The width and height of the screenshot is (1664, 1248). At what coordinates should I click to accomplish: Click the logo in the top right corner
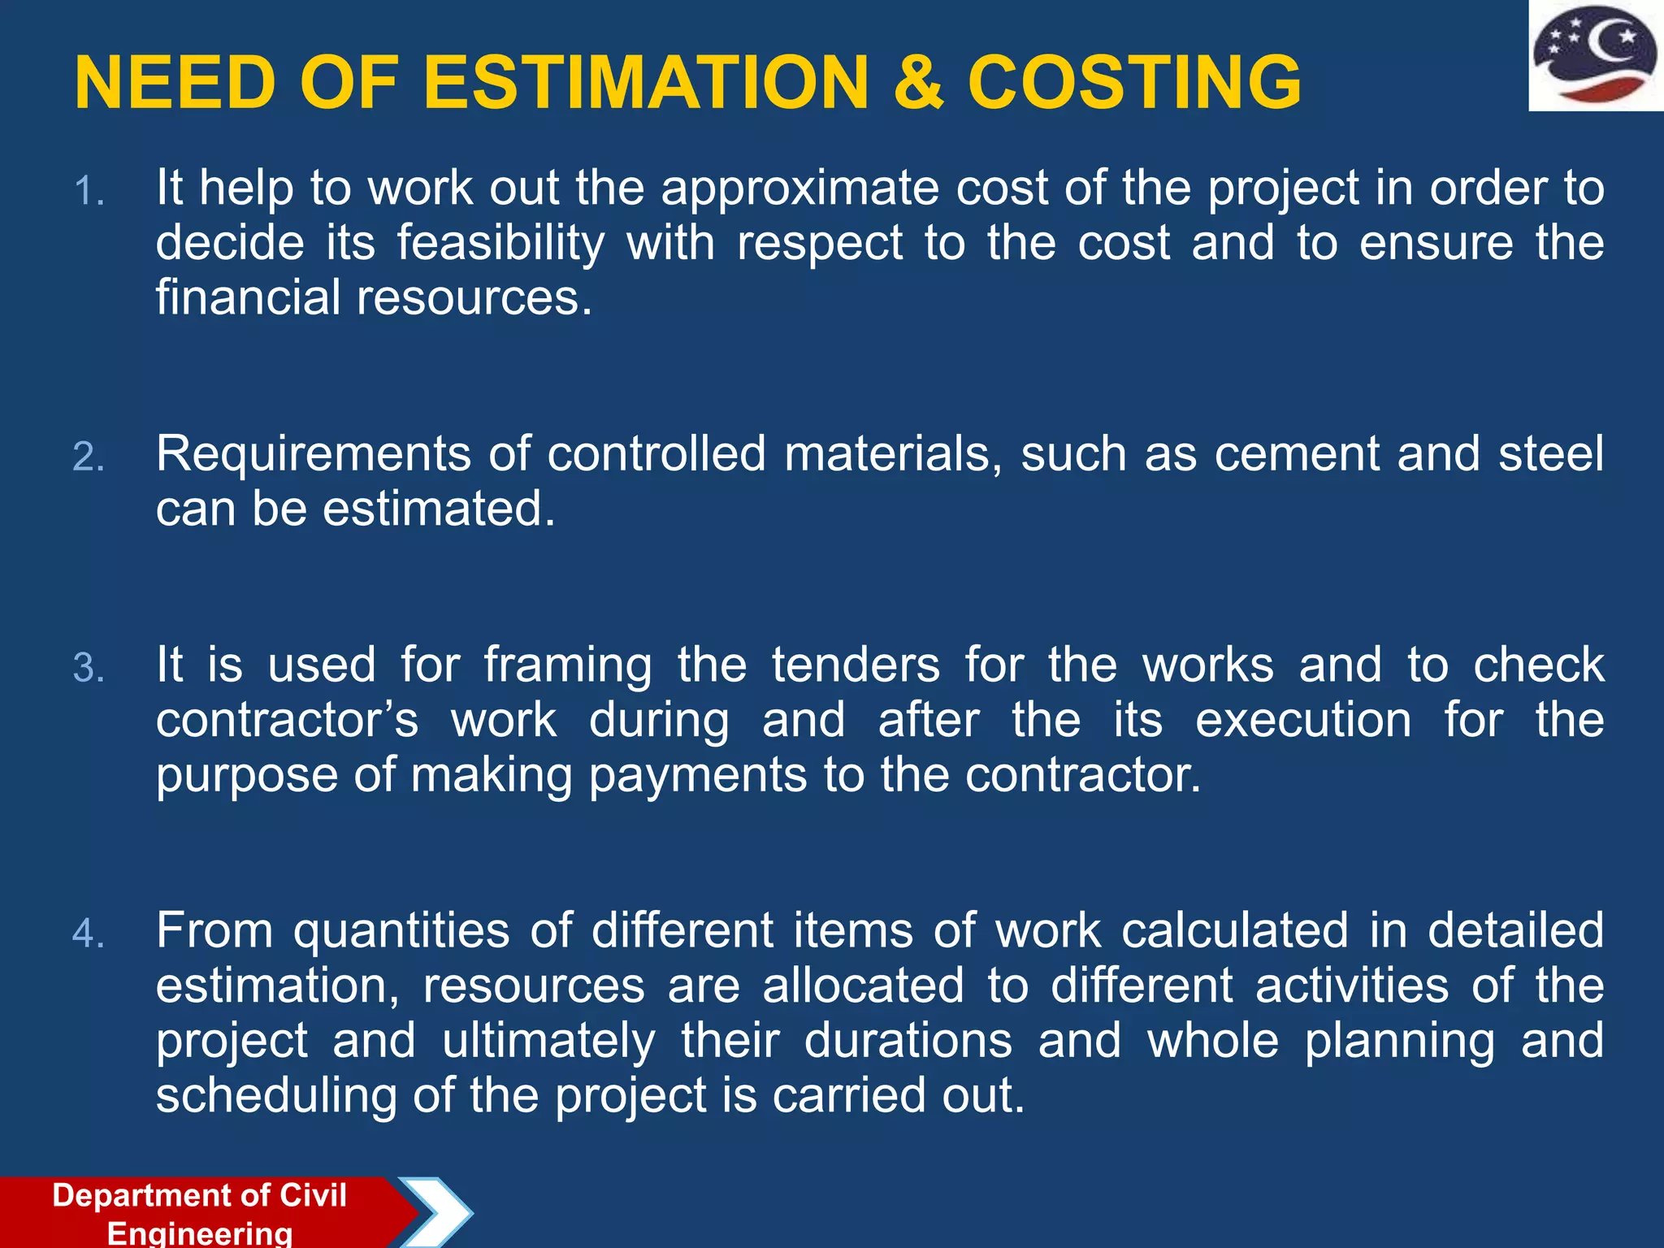coord(1595,55)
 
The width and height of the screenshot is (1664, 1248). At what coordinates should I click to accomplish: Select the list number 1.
coord(89,193)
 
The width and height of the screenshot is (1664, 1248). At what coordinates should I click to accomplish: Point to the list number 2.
coord(89,457)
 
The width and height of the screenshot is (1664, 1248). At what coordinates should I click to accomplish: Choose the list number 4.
coord(89,934)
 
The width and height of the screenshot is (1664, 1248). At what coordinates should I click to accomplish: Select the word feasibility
coord(501,244)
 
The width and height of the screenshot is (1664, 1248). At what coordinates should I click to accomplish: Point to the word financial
coord(248,297)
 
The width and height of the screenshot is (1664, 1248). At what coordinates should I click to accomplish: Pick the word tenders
coord(856,665)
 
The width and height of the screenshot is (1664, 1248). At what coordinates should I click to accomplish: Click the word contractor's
coord(287,721)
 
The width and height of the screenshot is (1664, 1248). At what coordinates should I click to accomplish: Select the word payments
coord(697,776)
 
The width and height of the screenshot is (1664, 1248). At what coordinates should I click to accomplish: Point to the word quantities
coord(401,931)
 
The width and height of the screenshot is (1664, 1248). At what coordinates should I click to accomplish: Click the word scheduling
coord(276,1096)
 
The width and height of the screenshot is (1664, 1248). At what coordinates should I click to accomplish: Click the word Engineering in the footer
coord(200,1233)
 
